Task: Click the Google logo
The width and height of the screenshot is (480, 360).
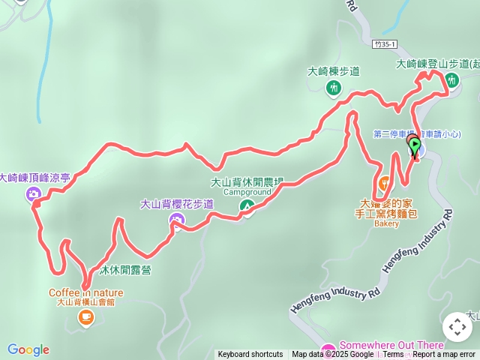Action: [x=28, y=349]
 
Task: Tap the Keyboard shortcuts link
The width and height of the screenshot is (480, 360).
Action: [x=250, y=355]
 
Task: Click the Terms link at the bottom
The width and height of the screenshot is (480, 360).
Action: [x=393, y=355]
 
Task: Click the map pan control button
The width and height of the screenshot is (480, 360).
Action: [x=457, y=327]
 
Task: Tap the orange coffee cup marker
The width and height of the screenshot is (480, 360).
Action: [x=85, y=318]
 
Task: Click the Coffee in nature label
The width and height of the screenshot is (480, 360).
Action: [x=86, y=292]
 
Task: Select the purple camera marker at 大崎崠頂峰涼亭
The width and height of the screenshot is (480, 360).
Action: [x=34, y=195]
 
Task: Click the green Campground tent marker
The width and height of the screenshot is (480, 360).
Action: [x=246, y=206]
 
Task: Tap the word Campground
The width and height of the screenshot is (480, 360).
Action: [x=247, y=192]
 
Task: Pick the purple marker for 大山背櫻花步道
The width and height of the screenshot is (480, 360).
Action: [x=177, y=220]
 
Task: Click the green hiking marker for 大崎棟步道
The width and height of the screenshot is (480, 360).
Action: [x=334, y=88]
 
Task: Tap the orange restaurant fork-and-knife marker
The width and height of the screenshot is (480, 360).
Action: [x=385, y=183]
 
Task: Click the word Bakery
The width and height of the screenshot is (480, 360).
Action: [x=386, y=223]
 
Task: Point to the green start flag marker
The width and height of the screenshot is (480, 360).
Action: [x=415, y=145]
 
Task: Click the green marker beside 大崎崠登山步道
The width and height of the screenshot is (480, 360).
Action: [x=452, y=79]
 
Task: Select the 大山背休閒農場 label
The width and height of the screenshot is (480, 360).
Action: [x=247, y=181]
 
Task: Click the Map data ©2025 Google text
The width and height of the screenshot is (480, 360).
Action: [x=333, y=355]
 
